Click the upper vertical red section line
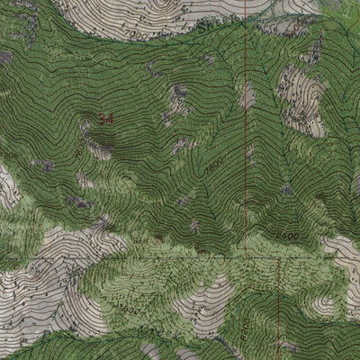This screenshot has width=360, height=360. [246, 135]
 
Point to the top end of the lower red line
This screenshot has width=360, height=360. [278, 261]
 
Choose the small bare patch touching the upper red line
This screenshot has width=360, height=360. [247, 95]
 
